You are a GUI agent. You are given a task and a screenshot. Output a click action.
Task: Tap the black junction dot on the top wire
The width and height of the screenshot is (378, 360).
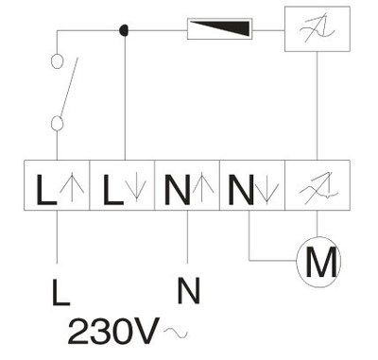[124, 30]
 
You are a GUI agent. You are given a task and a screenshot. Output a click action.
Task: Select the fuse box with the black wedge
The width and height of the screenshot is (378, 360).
[220, 29]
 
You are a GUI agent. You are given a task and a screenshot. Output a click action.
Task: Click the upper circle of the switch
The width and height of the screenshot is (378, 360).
[57, 61]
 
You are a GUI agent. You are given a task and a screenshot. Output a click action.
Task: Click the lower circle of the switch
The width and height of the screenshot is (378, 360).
[57, 123]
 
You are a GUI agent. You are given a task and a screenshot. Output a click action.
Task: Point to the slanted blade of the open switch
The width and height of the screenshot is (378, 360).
[69, 87]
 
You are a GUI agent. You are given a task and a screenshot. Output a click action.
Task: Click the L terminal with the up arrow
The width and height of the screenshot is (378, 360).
[57, 185]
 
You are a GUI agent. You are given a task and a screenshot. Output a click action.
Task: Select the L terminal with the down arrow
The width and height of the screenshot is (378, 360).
[122, 185]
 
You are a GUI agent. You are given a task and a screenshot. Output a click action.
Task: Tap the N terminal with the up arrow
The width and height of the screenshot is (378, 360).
[187, 185]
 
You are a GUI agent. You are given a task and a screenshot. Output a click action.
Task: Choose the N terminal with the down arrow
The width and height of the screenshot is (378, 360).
[252, 185]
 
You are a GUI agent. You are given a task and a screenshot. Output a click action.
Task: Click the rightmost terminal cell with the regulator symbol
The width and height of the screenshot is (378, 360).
[318, 185]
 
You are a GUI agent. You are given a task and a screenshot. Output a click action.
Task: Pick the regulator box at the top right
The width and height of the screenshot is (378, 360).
[318, 29]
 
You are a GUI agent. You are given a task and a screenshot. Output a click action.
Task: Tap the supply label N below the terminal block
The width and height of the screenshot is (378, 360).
[189, 290]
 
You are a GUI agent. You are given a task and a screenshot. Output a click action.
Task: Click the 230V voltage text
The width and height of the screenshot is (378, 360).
[113, 332]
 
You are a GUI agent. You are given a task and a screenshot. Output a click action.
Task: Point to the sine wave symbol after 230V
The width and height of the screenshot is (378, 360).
[176, 333]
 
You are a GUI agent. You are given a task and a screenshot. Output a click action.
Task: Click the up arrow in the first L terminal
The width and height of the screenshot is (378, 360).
[72, 187]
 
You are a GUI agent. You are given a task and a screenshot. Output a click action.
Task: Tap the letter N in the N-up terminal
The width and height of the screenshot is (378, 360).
[178, 190]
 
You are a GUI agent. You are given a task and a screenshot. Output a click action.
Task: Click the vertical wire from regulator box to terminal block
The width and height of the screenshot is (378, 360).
[318, 106]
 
